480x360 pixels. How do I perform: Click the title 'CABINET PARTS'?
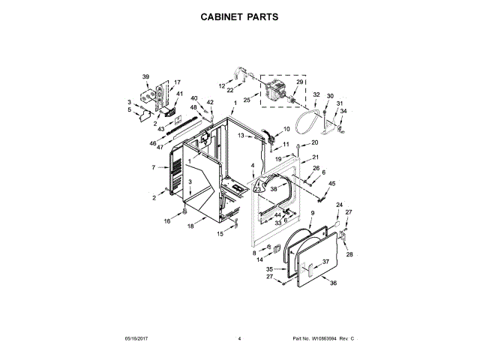click(240, 16)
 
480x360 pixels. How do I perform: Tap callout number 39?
click(146, 76)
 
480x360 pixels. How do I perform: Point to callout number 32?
click(316, 95)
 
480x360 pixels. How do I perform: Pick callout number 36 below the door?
click(334, 283)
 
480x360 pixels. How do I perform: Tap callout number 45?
click(332, 183)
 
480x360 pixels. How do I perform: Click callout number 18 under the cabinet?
click(190, 226)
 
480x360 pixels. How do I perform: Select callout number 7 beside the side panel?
click(153, 167)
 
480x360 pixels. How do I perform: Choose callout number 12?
click(222, 85)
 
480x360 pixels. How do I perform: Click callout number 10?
click(286, 129)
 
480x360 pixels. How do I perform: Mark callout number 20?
click(314, 142)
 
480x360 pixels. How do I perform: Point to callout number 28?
click(349, 254)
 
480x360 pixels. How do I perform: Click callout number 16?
click(167, 221)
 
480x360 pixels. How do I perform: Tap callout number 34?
click(343, 111)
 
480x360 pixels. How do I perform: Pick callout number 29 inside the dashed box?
click(299, 82)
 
